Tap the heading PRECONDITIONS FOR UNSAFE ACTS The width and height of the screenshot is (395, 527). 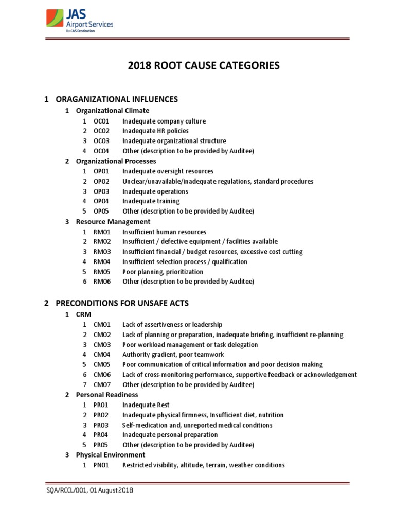point(116,303)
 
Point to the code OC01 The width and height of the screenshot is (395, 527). point(102,121)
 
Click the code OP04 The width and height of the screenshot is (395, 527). point(102,201)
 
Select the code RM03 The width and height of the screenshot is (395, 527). point(102,252)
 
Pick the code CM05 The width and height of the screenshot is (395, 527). point(102,364)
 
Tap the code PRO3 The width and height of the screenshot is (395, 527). point(101,425)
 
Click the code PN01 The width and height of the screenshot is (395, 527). point(102,465)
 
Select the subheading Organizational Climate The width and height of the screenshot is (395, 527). point(113,111)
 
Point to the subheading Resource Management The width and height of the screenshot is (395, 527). point(113,222)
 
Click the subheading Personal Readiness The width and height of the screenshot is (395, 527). point(107,395)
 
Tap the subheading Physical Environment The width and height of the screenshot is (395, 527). point(111,455)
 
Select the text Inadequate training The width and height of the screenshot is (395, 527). point(151,201)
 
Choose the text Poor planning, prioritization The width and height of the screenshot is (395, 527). point(163,272)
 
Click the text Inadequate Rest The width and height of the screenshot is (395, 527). point(146,405)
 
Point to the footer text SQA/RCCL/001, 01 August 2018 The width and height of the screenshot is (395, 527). point(89,491)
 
